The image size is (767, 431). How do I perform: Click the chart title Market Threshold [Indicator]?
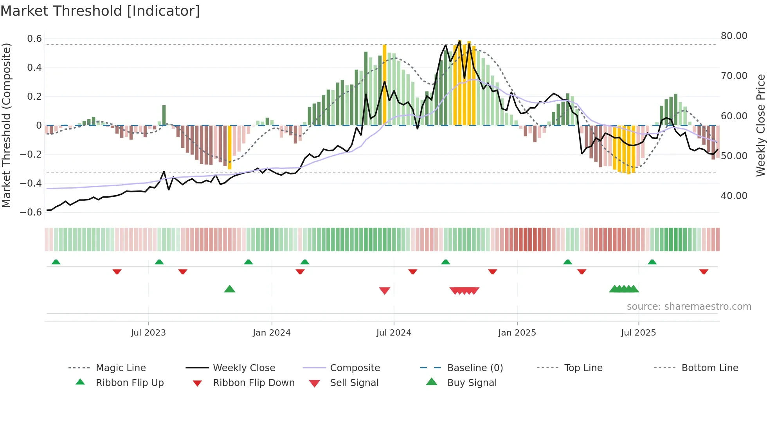[x=100, y=11]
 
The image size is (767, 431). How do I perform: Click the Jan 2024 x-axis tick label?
[x=272, y=332]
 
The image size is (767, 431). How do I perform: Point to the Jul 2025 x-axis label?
[x=638, y=332]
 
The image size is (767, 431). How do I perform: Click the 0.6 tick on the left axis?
[x=34, y=38]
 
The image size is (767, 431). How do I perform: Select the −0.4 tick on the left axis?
[x=31, y=183]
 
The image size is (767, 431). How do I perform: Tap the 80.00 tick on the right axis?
[x=734, y=36]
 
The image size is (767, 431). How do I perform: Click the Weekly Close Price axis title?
[x=760, y=125]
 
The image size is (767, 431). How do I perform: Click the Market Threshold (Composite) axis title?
[x=6, y=125]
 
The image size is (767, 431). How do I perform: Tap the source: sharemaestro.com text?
[x=689, y=306]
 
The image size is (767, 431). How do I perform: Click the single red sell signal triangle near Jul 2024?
[x=385, y=291]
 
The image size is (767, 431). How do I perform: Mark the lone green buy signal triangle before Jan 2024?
[x=230, y=289]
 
